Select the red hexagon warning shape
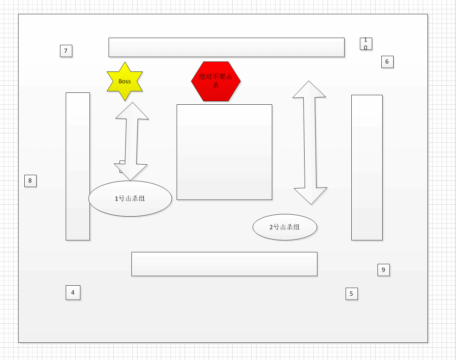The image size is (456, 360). click(216, 81)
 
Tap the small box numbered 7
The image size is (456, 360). click(66, 51)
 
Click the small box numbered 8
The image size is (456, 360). click(30, 181)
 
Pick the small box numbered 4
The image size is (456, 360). click(73, 292)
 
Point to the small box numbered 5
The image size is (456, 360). click(351, 294)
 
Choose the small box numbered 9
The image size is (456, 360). click(384, 270)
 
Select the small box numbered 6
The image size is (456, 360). click(387, 62)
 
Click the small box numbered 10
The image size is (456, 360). click(366, 44)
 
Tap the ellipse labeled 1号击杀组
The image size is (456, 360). click(130, 199)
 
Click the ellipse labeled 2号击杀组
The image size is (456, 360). click(285, 227)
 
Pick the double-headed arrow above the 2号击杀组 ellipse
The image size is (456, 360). click(310, 143)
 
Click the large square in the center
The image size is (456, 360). click(224, 152)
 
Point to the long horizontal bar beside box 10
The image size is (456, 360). click(226, 48)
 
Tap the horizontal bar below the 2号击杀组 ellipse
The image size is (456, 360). click(224, 264)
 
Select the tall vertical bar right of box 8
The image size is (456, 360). click(78, 166)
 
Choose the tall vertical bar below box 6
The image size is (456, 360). click(367, 168)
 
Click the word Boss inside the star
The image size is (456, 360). click(125, 81)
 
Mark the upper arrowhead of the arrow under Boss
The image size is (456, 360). click(132, 112)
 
